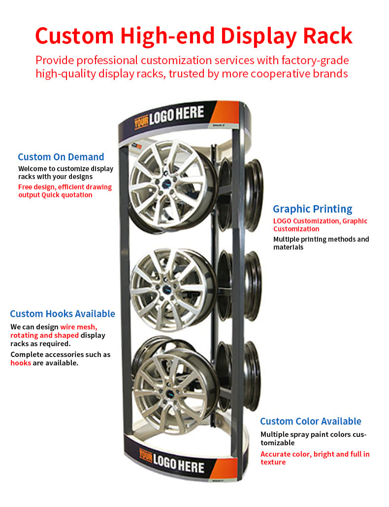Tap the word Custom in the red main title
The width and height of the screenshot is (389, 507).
click(74, 36)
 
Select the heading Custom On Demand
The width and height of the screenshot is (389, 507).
click(61, 157)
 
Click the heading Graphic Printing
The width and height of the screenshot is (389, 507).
click(313, 209)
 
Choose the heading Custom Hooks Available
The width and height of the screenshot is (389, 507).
click(63, 314)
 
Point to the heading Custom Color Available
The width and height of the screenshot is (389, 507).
click(311, 421)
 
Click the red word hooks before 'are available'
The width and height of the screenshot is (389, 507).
click(21, 363)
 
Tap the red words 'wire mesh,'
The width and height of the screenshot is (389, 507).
click(79, 327)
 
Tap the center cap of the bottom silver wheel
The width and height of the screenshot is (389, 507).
click(170, 394)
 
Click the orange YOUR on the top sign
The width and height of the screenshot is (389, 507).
click(141, 121)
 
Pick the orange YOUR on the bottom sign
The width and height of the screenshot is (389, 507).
click(146, 455)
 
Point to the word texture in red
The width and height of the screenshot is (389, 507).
click(273, 462)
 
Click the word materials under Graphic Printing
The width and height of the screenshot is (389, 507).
click(288, 248)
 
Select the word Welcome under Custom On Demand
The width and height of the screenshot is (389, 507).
click(33, 169)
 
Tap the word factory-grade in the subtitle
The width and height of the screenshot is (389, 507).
click(315, 61)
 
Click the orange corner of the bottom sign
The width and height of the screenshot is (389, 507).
click(225, 469)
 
